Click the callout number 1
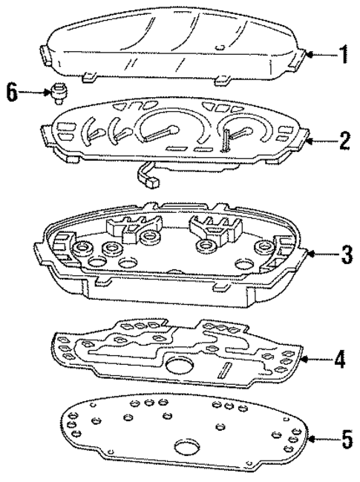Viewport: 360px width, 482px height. click(x=344, y=54)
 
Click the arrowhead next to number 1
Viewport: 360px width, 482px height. click(x=311, y=54)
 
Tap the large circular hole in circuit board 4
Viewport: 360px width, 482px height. click(x=177, y=366)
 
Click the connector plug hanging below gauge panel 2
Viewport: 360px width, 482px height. click(x=152, y=181)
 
